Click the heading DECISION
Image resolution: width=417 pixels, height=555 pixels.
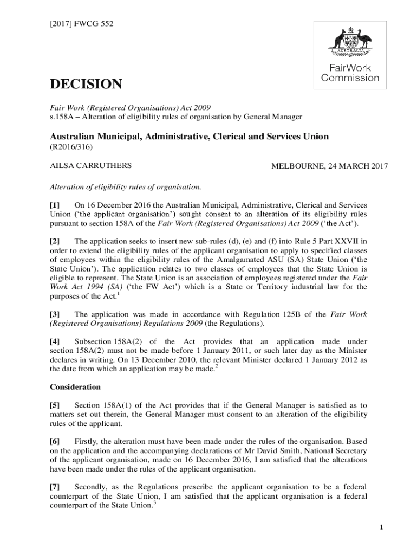pos(86,85)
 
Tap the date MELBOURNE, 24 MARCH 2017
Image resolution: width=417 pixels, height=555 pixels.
pos(329,166)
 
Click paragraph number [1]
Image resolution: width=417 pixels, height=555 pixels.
pos(56,205)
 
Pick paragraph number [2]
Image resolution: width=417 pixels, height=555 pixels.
pos(56,241)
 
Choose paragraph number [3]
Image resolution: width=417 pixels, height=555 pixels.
pos(56,314)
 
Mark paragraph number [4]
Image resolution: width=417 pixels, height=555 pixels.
pos(56,341)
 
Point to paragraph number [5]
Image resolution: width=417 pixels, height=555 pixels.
pos(56,405)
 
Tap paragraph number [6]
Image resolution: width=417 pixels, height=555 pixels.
pos(56,441)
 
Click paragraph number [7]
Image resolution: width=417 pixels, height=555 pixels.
pos(56,486)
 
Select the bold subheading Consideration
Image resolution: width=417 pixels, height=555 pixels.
pos(75,387)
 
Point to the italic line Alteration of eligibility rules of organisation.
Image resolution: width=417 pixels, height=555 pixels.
pos(126,187)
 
